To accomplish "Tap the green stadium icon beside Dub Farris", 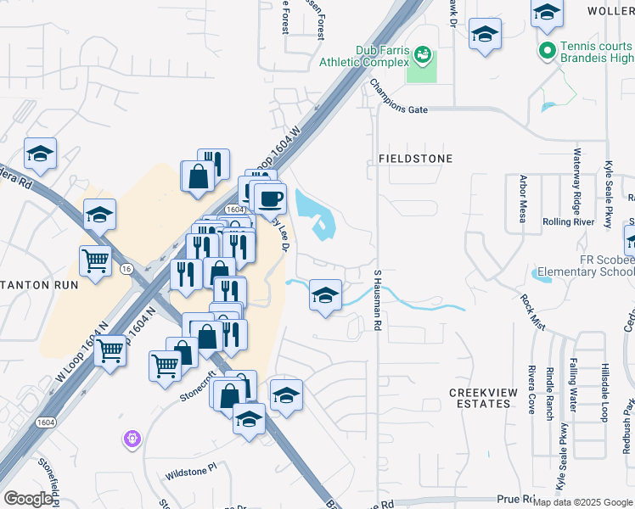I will [422, 56].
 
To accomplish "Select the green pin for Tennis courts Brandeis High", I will [548, 52].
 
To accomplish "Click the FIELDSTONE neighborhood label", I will [416, 159].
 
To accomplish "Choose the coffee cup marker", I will [270, 199].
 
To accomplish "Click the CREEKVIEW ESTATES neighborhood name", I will [492, 398].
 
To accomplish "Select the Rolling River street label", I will [568, 222].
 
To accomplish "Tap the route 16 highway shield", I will [126, 268].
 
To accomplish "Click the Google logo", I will [28, 499].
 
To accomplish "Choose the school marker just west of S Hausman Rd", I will [325, 296].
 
